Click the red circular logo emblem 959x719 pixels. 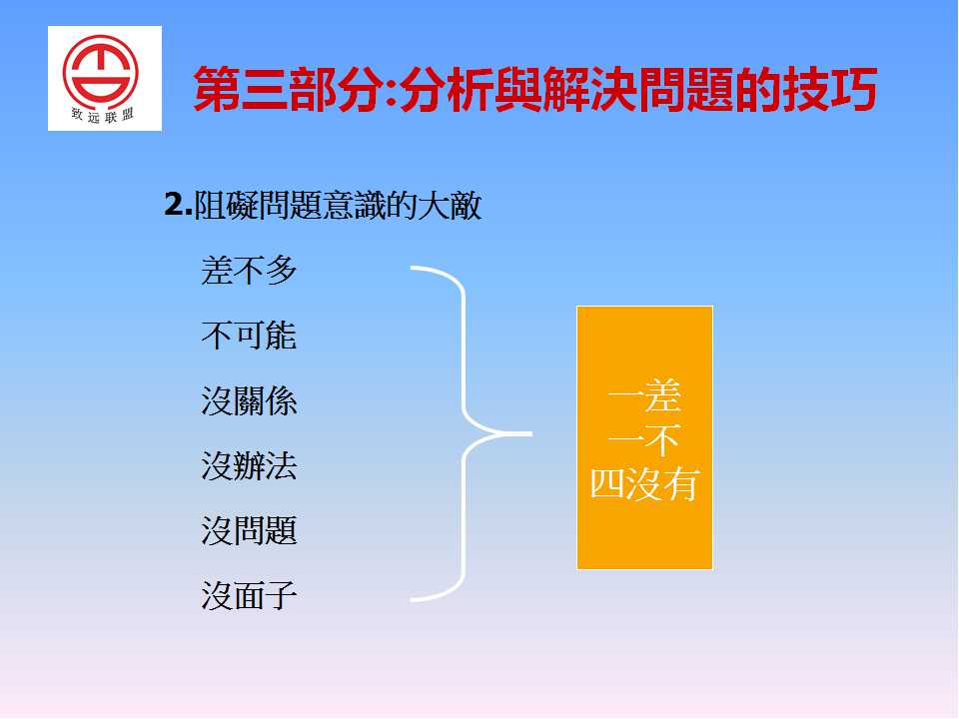coord(100,72)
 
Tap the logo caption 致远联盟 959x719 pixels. coord(102,115)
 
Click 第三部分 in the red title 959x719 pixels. coord(290,89)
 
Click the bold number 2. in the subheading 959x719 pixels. coord(179,204)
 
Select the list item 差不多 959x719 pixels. coord(249,271)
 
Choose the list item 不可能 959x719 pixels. coord(249,336)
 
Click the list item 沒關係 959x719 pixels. coord(249,401)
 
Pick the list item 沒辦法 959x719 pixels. coord(249,466)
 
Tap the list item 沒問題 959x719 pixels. coord(249,530)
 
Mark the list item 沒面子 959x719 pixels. coord(249,595)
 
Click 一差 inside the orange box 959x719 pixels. coord(644,396)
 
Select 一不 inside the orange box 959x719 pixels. coord(644,439)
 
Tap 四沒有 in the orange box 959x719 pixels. coord(644,484)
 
